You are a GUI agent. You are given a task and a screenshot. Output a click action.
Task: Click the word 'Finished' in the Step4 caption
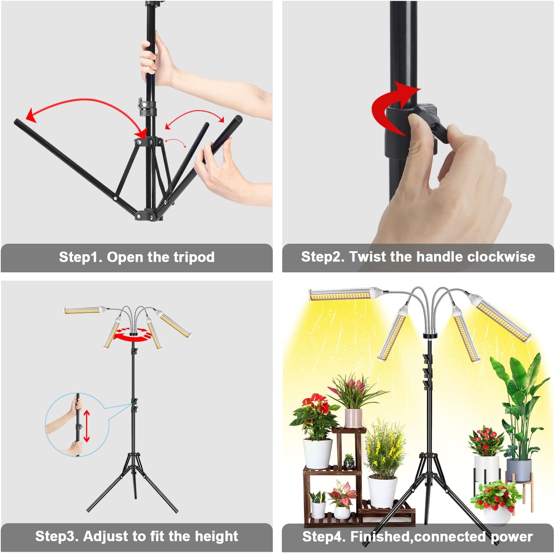pyautogui.click(x=381, y=536)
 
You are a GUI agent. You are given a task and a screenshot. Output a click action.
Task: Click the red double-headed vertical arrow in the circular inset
pyautogui.click(x=86, y=426)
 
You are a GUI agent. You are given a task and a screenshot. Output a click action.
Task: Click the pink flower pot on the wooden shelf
pyautogui.click(x=353, y=418)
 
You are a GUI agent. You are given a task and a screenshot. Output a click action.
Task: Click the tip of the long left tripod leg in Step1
pyautogui.click(x=16, y=121)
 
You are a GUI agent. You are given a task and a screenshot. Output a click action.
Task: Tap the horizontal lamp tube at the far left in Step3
pyautogui.click(x=83, y=310)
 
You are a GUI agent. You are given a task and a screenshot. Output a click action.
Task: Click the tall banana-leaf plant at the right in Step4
pyautogui.click(x=517, y=403)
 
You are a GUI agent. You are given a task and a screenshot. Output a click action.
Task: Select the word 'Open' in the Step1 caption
pyautogui.click(x=125, y=257)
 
